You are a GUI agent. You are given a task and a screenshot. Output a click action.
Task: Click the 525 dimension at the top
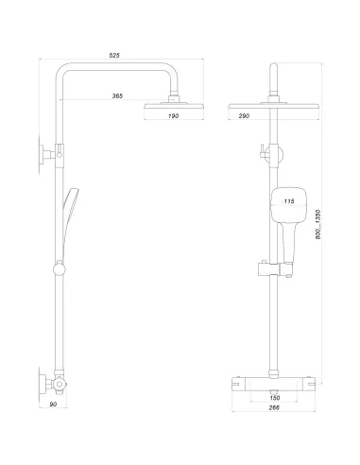tap(114, 56)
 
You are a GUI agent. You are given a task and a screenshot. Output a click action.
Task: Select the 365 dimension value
tap(116, 95)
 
